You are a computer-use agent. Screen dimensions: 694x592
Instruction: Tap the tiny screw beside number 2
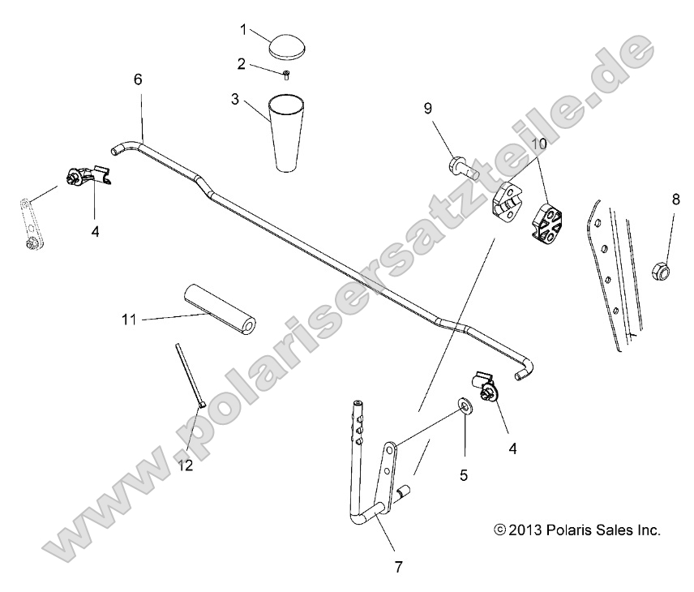287,75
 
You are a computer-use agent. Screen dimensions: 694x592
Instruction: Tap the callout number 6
137,79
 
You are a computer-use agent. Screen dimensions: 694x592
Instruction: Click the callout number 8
675,198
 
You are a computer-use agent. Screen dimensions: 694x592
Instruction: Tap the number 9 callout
426,107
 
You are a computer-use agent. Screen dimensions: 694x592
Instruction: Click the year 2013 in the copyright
527,531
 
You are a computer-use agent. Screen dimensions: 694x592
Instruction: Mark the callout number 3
234,100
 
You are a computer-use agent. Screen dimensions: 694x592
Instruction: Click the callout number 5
464,476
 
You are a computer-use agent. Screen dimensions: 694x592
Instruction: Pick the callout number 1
242,29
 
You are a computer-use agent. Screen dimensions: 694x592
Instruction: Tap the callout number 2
240,63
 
